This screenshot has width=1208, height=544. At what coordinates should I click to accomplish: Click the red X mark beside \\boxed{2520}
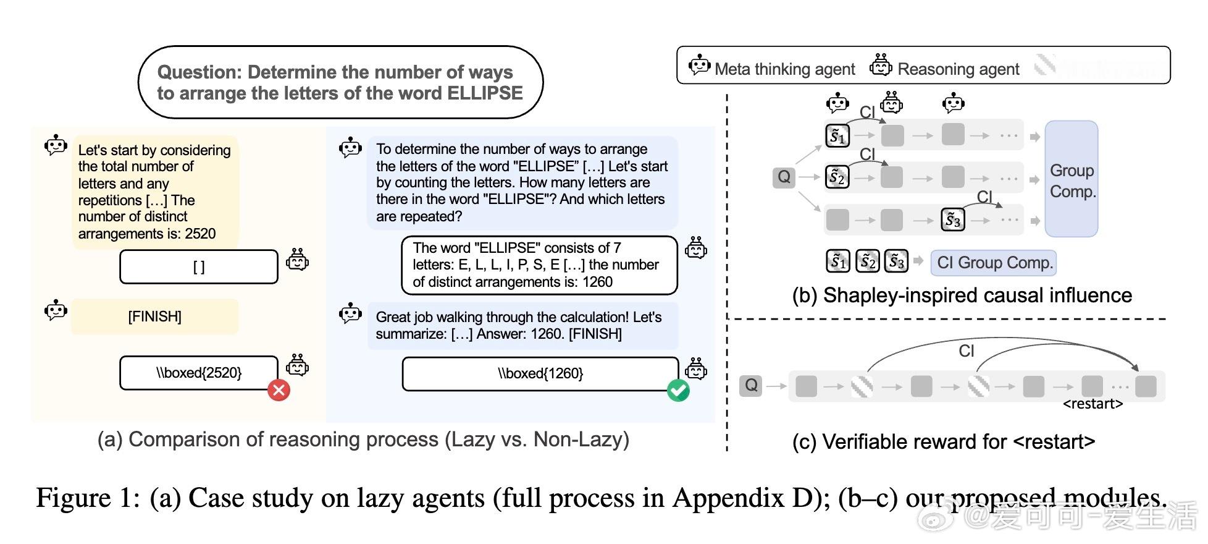point(279,390)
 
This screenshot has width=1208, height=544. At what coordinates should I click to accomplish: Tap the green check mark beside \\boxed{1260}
point(678,391)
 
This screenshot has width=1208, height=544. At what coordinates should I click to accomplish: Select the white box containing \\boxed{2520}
point(198,373)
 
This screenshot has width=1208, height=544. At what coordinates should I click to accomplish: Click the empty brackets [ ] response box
point(198,266)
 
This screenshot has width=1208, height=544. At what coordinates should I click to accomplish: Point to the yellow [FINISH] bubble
point(154,317)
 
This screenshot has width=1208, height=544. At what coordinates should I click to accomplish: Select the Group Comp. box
point(1072,179)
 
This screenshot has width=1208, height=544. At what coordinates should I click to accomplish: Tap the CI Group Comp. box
point(994,263)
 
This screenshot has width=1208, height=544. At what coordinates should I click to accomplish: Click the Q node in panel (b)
point(784,177)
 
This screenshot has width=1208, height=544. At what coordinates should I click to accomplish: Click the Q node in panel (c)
point(750,386)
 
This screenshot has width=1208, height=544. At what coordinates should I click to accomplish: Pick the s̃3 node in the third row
point(952,220)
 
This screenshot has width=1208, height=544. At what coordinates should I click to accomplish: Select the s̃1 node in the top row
point(837,136)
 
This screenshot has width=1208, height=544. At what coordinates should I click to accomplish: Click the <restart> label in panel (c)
point(1093,404)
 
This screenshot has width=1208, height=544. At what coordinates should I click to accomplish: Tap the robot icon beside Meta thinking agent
point(699,66)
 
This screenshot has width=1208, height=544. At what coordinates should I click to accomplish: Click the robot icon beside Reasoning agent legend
point(881,65)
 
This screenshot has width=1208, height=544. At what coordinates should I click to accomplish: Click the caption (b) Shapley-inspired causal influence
point(962,295)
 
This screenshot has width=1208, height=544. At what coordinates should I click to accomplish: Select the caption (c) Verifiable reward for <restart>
point(943,442)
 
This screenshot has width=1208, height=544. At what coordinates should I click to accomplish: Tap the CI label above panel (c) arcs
point(966,351)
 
